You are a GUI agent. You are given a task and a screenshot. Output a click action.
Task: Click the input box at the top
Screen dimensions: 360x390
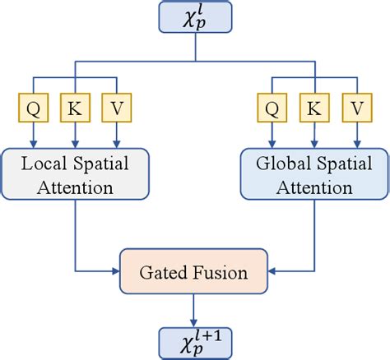[195, 21]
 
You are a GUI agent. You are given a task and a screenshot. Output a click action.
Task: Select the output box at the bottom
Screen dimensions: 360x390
[195, 338]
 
